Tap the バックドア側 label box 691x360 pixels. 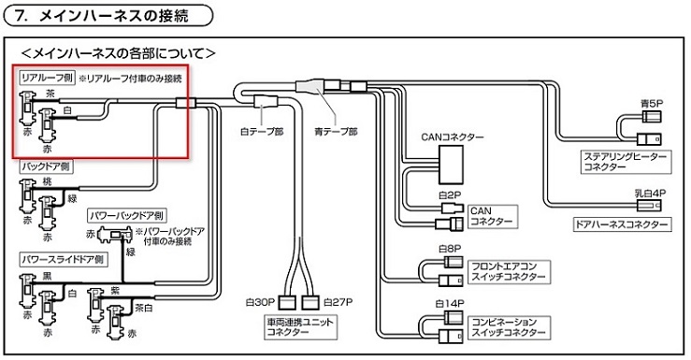point(46,166)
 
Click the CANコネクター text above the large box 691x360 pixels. point(453,137)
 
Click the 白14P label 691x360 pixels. point(452,303)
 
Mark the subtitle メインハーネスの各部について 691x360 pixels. point(119,53)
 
